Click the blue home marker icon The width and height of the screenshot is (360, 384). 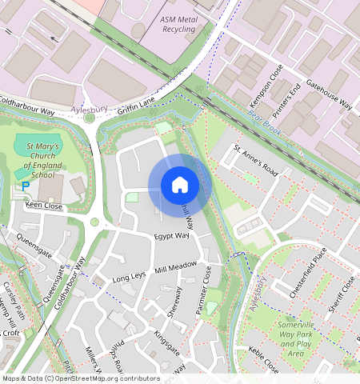click(180, 185)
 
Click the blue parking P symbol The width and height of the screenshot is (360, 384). click(26, 186)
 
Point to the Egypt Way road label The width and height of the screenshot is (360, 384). click(172, 237)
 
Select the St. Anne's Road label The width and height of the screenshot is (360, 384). click(255, 160)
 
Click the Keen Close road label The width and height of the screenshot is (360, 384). click(44, 206)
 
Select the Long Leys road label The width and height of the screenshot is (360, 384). click(130, 278)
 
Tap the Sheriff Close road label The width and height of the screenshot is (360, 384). click(342, 295)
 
